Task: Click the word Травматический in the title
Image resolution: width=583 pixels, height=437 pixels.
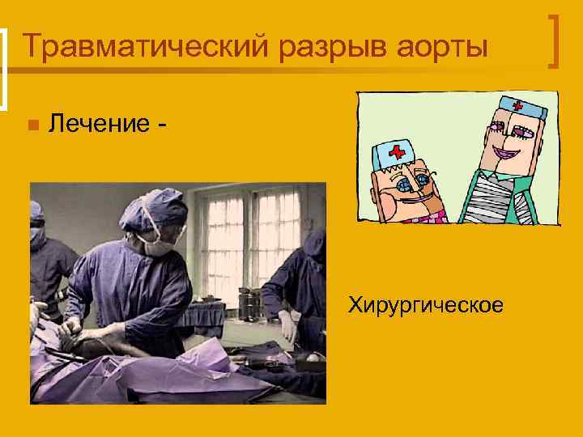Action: point(145,46)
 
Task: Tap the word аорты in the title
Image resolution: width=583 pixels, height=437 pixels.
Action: point(444,46)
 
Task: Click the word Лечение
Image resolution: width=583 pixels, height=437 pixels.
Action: point(99,124)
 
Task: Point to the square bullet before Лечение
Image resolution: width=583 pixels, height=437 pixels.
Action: point(32,125)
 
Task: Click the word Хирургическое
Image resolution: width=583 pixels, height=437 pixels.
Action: point(425,305)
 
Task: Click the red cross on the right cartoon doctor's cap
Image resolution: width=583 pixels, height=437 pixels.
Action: point(517,106)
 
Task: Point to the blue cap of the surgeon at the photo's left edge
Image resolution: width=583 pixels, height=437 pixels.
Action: point(36,213)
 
